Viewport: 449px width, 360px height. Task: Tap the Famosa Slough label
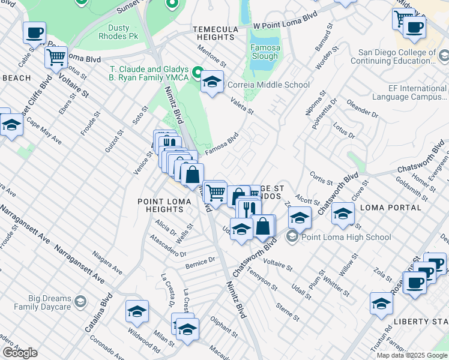[265, 52]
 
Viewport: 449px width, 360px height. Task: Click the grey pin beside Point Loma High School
[292, 236]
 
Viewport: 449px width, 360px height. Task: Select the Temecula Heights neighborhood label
[215, 32]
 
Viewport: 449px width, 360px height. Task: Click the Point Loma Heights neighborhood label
[160, 205]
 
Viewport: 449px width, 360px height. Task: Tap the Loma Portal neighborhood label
[391, 208]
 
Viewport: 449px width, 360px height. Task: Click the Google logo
[20, 353]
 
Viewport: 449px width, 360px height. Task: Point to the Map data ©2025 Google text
[411, 355]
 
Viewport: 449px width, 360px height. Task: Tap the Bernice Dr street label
[200, 262]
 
